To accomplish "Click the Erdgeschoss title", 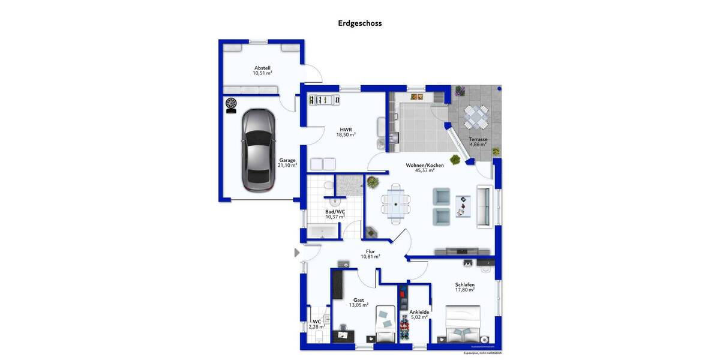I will point(360,23).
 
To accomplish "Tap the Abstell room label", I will point(262,68).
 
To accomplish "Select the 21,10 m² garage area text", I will point(288,165).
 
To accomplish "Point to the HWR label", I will point(346,129).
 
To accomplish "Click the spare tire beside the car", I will point(231,104).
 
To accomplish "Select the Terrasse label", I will point(478,139).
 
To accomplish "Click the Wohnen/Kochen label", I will point(424,165).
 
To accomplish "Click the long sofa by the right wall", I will point(484,206).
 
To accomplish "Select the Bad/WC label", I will point(335,211).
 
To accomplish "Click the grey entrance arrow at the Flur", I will point(296,253).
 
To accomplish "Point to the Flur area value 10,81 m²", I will point(370,256).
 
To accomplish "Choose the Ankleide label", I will point(419,312).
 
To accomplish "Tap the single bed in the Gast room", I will point(385,326).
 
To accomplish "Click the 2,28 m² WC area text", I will point(317,327).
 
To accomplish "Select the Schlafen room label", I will point(464,284).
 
